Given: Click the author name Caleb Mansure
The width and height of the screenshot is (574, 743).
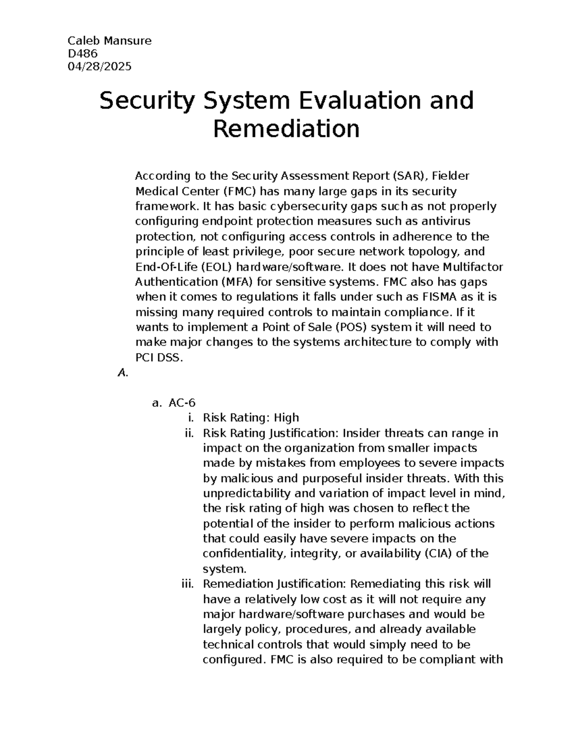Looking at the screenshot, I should tap(110, 41).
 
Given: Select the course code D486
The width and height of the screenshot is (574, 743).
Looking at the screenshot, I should tap(83, 54).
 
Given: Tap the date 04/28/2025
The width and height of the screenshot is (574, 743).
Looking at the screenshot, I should tap(100, 67).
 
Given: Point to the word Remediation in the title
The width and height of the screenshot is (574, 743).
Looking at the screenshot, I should tap(286, 129).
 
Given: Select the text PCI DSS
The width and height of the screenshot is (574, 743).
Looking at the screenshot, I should tap(159, 357).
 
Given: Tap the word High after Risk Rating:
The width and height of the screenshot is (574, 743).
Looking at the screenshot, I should tap(286, 418).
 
